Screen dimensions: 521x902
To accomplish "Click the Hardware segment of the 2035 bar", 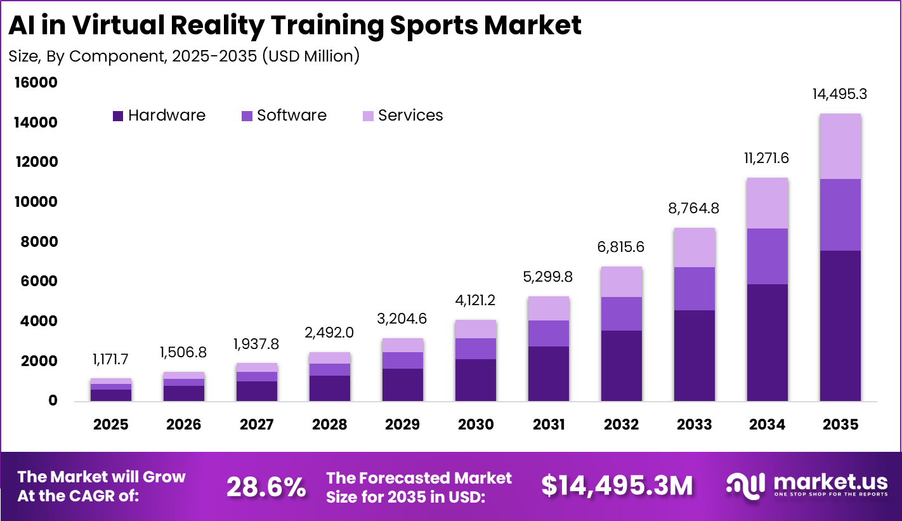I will [x=840, y=326].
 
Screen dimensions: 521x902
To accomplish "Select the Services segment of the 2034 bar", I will [x=768, y=203].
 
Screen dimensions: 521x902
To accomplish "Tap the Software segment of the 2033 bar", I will [x=695, y=289].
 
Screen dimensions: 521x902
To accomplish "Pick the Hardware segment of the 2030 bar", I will [x=476, y=379].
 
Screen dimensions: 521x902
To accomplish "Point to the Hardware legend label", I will [x=167, y=115].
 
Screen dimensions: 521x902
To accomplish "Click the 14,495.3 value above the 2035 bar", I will [x=840, y=95].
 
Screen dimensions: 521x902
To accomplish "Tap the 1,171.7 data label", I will [x=110, y=360].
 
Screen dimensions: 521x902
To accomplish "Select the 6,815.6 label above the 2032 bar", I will [x=622, y=247].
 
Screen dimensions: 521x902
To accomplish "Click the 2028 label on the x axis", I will [x=329, y=425].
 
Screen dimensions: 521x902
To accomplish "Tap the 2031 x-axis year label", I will [x=549, y=425].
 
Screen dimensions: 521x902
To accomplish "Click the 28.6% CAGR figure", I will [x=266, y=487].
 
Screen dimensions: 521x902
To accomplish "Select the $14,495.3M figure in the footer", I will [x=617, y=485].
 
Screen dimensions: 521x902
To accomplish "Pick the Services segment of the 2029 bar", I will [x=403, y=345].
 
